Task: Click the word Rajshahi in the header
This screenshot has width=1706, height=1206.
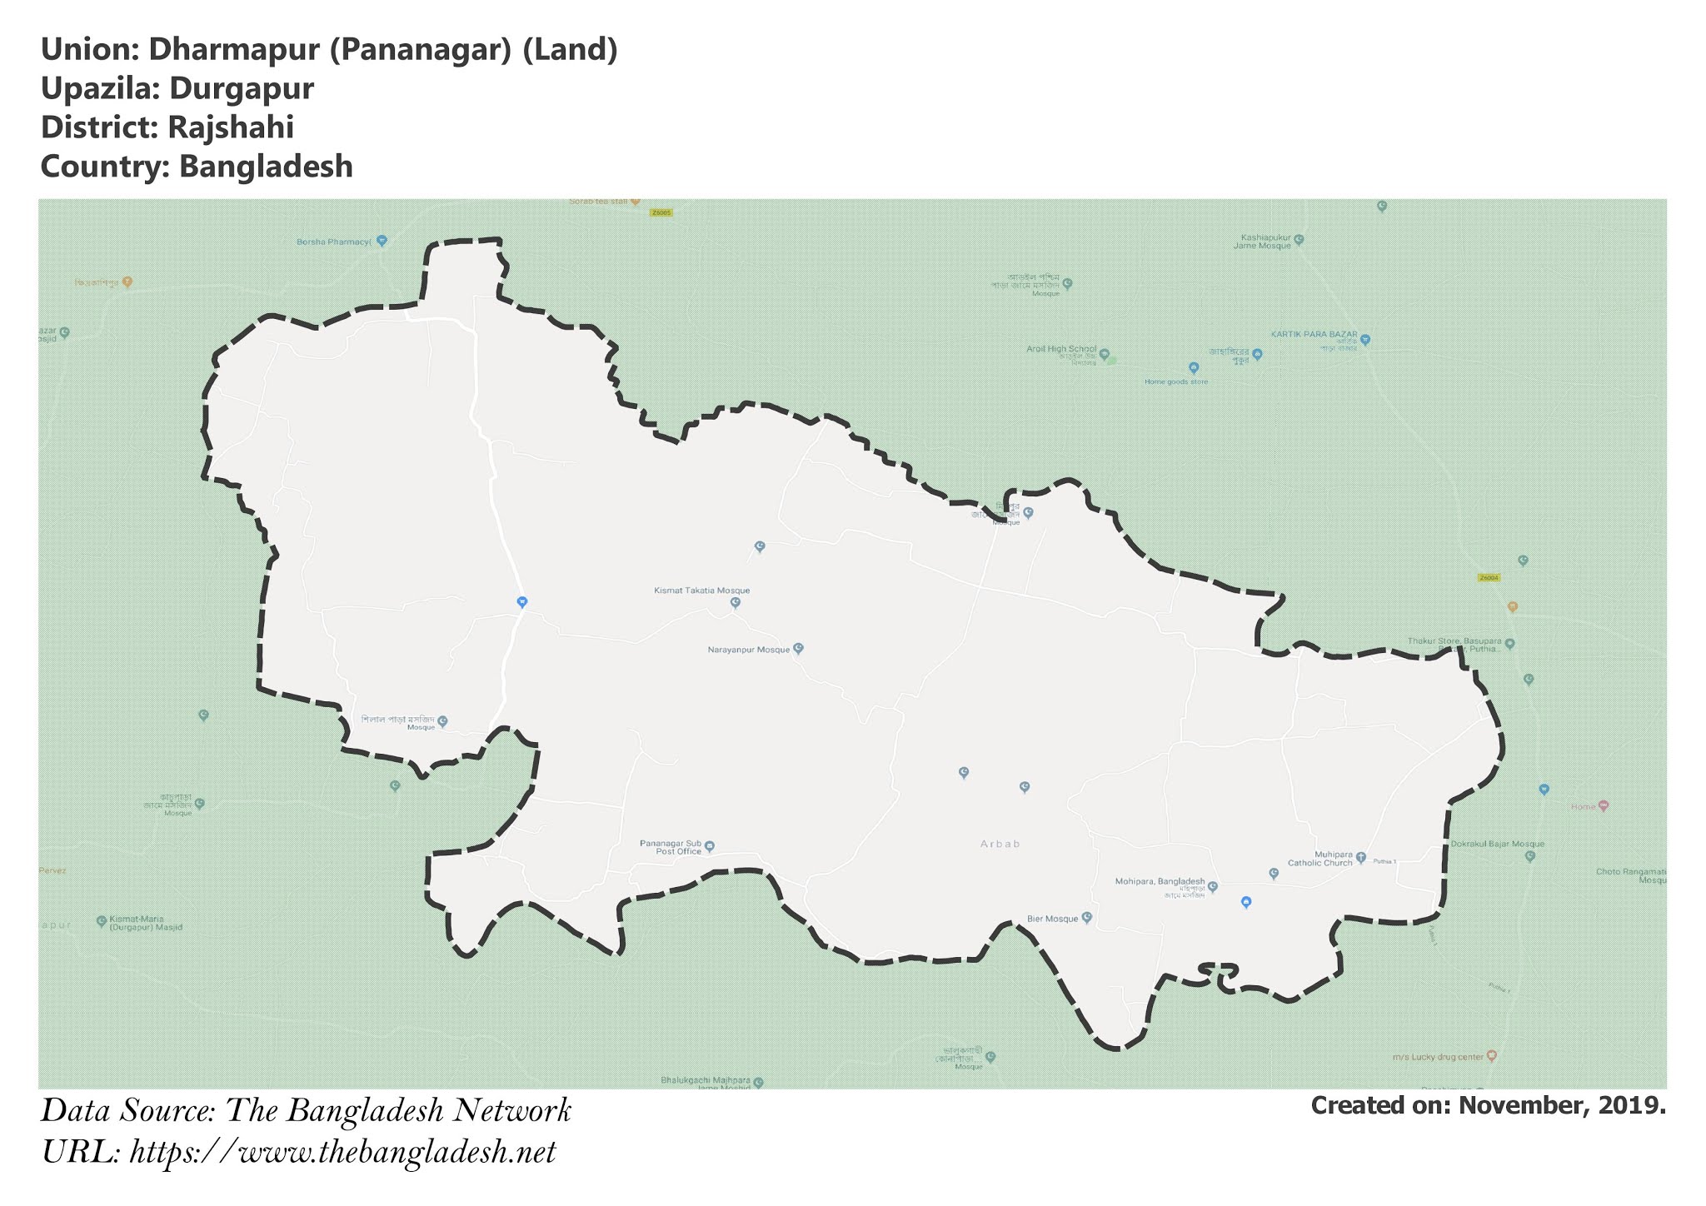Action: click(x=230, y=127)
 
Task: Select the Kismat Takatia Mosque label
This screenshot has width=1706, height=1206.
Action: click(x=701, y=591)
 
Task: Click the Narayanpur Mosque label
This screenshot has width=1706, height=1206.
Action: click(x=748, y=650)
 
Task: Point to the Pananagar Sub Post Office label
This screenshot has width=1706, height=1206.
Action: click(x=671, y=847)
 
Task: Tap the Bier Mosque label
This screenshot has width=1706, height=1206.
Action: click(x=1052, y=919)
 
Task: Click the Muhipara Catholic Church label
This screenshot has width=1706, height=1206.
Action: click(x=1320, y=859)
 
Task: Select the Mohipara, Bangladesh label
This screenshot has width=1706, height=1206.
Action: click(x=1160, y=881)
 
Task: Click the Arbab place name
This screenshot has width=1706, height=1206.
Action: click(x=1000, y=844)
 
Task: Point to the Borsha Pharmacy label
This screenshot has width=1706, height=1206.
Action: click(x=333, y=242)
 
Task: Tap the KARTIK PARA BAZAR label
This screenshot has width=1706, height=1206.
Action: click(x=1314, y=334)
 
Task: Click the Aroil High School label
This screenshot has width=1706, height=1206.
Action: click(x=1061, y=349)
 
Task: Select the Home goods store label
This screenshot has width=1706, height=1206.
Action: click(x=1175, y=381)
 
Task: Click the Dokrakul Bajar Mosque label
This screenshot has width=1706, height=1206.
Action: click(x=1486, y=844)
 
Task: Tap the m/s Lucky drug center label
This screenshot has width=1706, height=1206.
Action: click(x=1438, y=1057)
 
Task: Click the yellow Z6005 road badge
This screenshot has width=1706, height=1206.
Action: click(x=661, y=213)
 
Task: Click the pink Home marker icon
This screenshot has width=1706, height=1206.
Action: click(x=1604, y=806)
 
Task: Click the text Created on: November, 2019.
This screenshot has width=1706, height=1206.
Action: click(x=1488, y=1105)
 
